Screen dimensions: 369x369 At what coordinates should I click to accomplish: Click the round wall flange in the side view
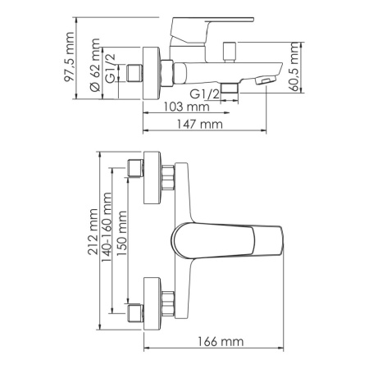(x=153, y=74)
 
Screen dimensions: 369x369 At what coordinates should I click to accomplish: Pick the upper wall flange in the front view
(x=153, y=178)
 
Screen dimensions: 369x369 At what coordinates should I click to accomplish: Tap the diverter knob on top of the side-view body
(x=227, y=50)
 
